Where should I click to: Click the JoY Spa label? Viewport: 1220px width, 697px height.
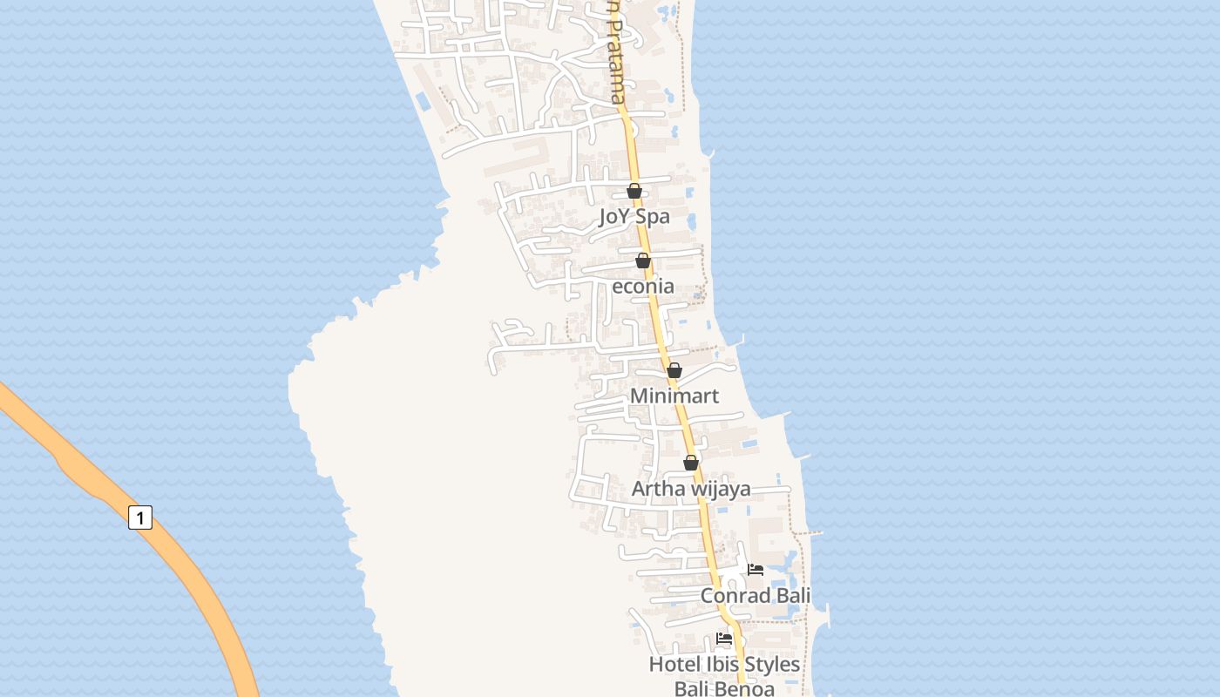pyautogui.click(x=634, y=216)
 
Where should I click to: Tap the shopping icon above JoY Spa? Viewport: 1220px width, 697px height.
pyautogui.click(x=634, y=191)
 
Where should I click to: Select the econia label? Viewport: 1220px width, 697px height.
pyautogui.click(x=643, y=286)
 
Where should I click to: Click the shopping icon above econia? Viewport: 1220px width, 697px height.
pyautogui.click(x=643, y=261)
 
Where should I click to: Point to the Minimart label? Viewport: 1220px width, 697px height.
pyautogui.click(x=674, y=396)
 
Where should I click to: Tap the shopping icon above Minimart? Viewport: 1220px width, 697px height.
pyautogui.click(x=674, y=370)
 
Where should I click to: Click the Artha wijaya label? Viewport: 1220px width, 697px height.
pyautogui.click(x=690, y=489)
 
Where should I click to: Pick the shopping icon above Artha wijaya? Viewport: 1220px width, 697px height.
pyautogui.click(x=691, y=463)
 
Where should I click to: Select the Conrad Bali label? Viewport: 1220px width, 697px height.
pyautogui.click(x=756, y=596)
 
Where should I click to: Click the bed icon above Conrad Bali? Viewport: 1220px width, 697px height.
pyautogui.click(x=756, y=570)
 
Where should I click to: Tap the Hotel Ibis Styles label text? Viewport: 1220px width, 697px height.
pyautogui.click(x=724, y=665)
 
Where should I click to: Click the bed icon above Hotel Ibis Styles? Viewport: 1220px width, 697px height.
pyautogui.click(x=724, y=639)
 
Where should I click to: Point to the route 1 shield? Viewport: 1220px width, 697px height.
pyautogui.click(x=139, y=517)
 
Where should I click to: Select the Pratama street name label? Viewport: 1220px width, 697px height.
pyautogui.click(x=615, y=61)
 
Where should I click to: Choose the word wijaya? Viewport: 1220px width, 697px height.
pyautogui.click(x=720, y=489)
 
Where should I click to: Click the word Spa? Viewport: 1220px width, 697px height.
pyautogui.click(x=653, y=216)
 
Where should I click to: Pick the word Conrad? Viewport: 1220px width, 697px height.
pyautogui.click(x=735, y=596)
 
